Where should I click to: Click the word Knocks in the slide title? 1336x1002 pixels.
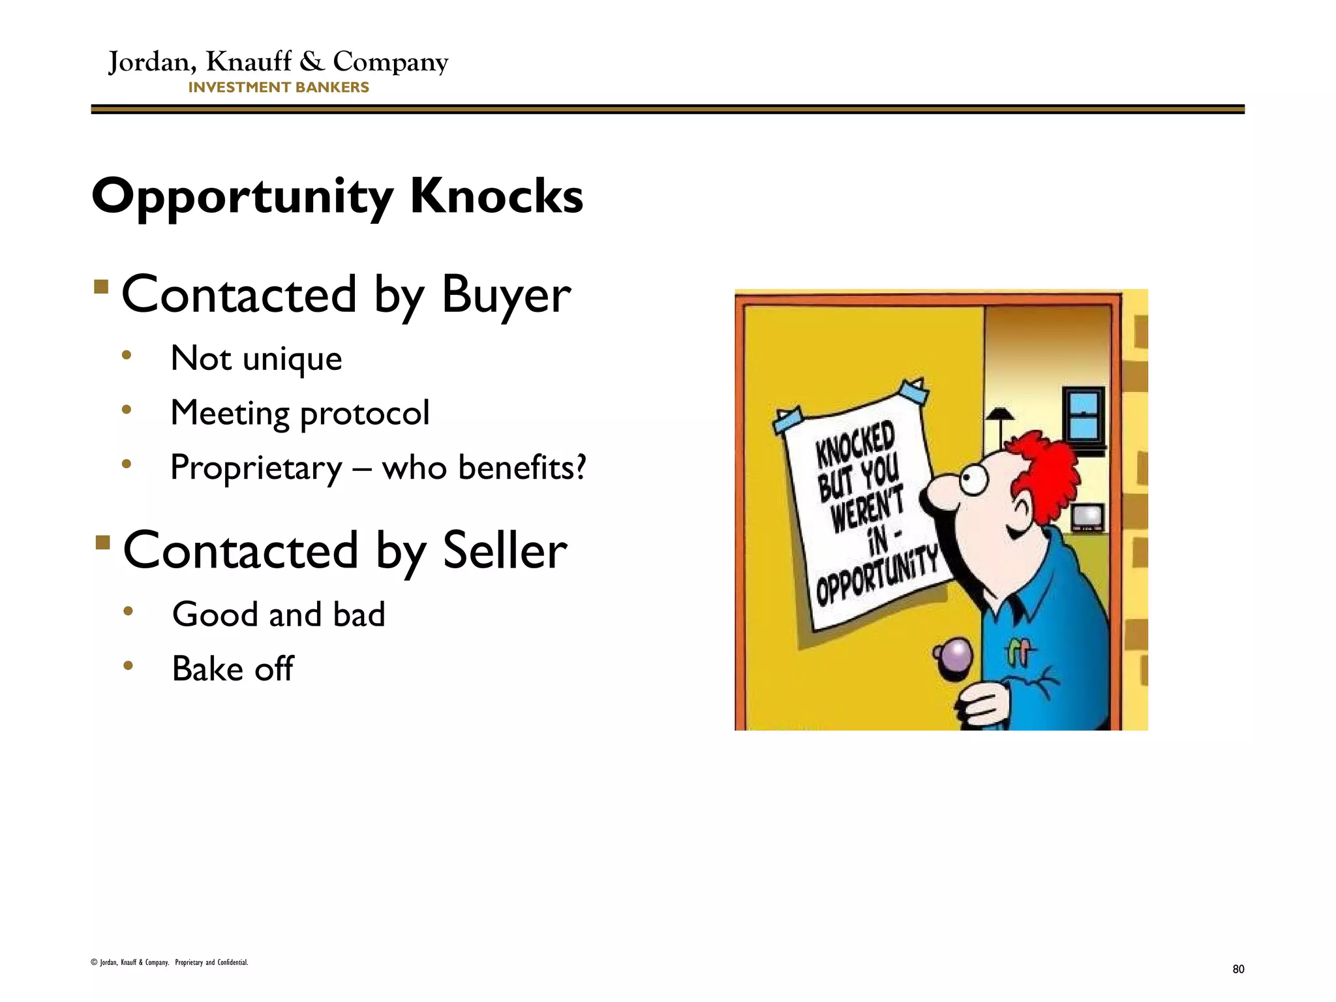click(496, 196)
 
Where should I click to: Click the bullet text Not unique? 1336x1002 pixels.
click(256, 358)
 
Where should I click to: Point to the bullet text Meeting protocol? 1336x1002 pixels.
click(299, 412)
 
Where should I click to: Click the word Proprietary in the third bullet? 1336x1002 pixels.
click(256, 468)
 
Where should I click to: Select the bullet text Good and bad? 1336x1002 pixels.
click(279, 615)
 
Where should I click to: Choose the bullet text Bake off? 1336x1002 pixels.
click(232, 669)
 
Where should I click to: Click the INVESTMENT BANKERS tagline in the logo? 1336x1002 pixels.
click(279, 87)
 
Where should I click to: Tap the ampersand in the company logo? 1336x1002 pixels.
click(312, 61)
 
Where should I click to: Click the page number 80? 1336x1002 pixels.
click(1238, 969)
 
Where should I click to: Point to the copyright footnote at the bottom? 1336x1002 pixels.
click(170, 962)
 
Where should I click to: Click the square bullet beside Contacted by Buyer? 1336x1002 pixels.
click(100, 287)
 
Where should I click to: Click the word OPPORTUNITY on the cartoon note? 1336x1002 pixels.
click(876, 575)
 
